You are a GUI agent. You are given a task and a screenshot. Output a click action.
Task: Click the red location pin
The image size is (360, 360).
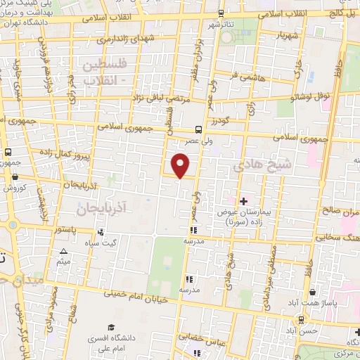(x=181, y=165)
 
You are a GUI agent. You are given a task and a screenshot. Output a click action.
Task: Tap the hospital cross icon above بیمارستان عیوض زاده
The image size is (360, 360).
(x=244, y=201)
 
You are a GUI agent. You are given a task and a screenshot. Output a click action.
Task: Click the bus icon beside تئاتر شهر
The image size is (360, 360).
(x=221, y=13)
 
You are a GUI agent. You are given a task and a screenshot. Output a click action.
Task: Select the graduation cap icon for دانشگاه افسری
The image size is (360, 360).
(x=111, y=327)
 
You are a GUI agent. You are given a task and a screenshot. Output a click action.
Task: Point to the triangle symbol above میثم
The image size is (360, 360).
(x=64, y=251)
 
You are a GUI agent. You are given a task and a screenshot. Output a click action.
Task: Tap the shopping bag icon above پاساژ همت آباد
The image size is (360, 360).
(x=311, y=290)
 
